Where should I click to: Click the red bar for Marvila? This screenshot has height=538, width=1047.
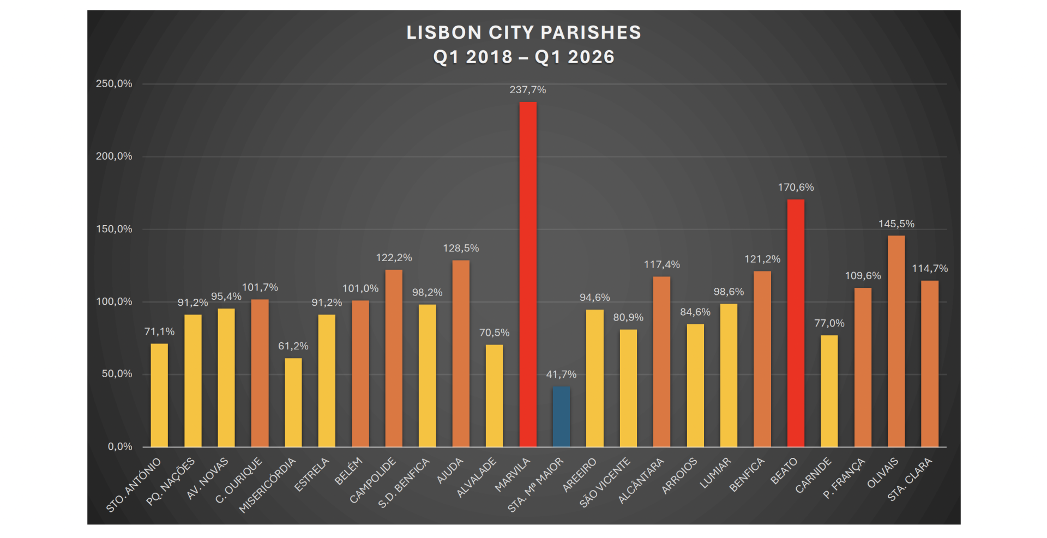[x=528, y=274]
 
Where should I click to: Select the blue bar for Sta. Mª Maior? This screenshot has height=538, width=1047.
[x=561, y=417]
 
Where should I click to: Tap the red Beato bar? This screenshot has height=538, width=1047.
[x=796, y=323]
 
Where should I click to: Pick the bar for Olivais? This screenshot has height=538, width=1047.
[x=896, y=341]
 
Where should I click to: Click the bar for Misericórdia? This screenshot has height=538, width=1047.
[x=293, y=402]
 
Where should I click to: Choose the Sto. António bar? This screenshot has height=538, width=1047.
[x=159, y=395]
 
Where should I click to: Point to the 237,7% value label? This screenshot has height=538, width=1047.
[x=528, y=90]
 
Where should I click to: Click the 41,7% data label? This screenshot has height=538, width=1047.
[x=561, y=374]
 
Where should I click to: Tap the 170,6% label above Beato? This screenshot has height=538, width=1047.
[x=796, y=188]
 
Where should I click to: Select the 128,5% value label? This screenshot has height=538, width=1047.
[x=461, y=249]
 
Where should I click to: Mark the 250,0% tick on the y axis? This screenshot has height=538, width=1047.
[x=114, y=84]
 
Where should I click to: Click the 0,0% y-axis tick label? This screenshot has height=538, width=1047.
[x=120, y=447]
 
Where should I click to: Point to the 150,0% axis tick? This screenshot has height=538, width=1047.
[x=114, y=229]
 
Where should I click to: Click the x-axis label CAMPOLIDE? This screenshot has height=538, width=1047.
[x=373, y=480]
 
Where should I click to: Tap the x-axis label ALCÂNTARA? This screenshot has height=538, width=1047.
[x=641, y=480]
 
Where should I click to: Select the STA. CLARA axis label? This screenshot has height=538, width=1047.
[x=910, y=479]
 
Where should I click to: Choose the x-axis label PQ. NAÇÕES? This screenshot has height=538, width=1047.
[x=171, y=481]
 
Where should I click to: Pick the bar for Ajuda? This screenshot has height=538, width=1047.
[x=461, y=354]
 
